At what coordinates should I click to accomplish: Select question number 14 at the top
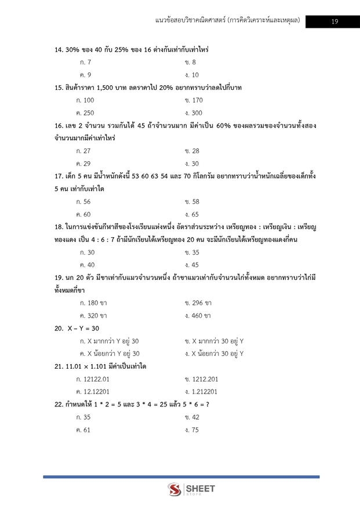[59, 50]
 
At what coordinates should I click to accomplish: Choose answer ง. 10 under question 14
[192, 75]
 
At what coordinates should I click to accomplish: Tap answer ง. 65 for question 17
[191, 214]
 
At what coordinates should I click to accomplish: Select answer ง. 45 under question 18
[191, 265]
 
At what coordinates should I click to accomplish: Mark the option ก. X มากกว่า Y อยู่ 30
[108, 341]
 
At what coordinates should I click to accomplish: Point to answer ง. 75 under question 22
[191, 430]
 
